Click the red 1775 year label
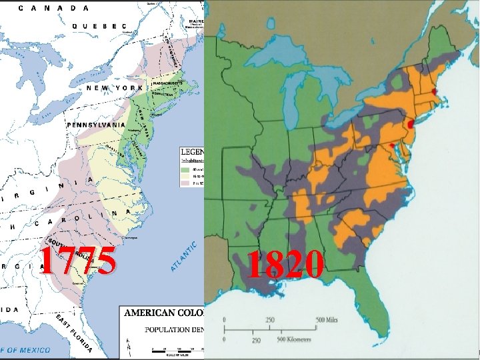click(77, 261)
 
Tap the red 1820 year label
click(286, 265)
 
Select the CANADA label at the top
click(53, 8)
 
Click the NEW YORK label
click(111, 88)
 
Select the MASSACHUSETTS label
click(171, 83)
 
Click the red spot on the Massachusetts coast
click(435, 91)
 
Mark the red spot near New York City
click(410, 125)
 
